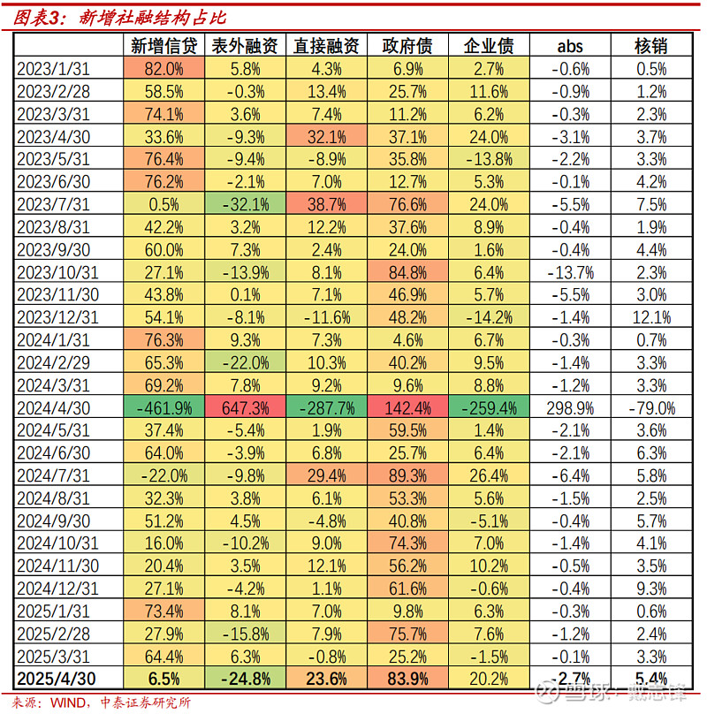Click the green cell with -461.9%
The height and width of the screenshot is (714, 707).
click(x=160, y=408)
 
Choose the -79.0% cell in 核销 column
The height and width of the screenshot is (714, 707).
click(x=651, y=408)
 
